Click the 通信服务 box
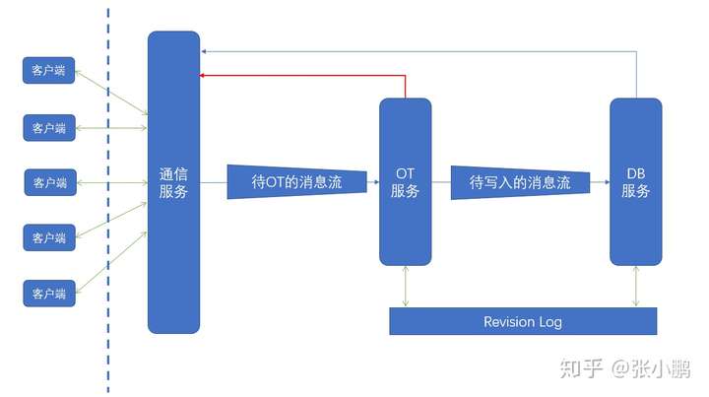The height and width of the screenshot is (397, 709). pos(173,182)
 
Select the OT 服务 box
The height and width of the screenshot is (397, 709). pos(405,182)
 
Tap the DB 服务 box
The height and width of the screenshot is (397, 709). pos(636,182)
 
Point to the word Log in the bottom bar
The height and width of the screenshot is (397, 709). pos(550,323)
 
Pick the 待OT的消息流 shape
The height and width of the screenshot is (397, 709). pos(296,182)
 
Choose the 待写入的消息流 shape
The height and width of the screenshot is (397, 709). pos(521,182)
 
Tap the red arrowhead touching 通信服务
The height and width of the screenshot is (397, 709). pos(202,76)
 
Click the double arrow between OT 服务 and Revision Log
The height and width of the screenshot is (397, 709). pos(405,287)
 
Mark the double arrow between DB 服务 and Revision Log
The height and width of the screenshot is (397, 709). pos(636,287)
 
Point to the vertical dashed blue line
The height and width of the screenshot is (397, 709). pos(108,199)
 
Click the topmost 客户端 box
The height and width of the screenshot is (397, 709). pos(49,70)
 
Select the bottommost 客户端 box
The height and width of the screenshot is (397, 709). pos(49,294)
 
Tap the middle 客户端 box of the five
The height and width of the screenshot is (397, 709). pos(50,182)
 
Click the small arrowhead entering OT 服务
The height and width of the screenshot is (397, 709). pos(376,182)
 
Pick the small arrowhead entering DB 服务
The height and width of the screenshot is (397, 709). pos(607,182)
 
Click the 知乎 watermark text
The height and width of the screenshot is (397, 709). pos(581,368)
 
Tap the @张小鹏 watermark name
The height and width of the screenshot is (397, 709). pos(651,368)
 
